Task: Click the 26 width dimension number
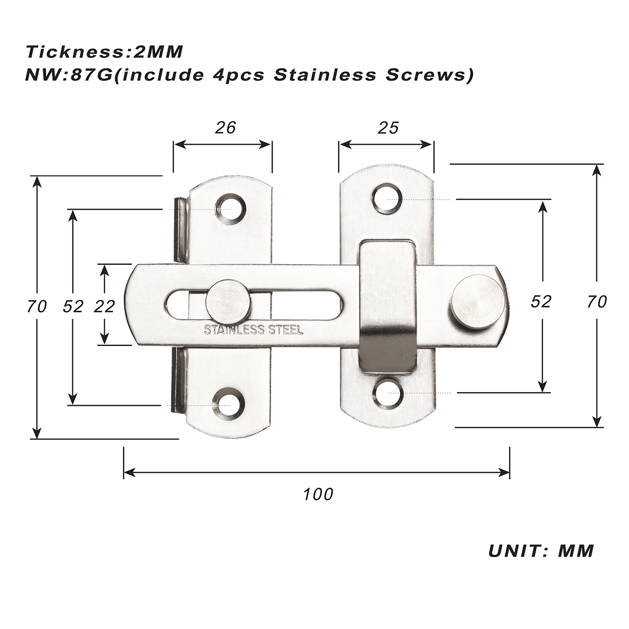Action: pyautogui.click(x=226, y=127)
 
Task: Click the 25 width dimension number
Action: pyautogui.click(x=388, y=127)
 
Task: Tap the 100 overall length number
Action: pyautogui.click(x=318, y=494)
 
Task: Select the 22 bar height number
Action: pyautogui.click(x=104, y=306)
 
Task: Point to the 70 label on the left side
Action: pyautogui.click(x=37, y=306)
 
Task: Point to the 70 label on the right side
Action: pyautogui.click(x=597, y=301)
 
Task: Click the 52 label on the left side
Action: pyautogui.click(x=73, y=306)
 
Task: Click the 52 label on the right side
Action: pyautogui.click(x=541, y=301)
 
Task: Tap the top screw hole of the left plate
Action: pyautogui.click(x=230, y=209)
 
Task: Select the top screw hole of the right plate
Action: pyautogui.click(x=388, y=198)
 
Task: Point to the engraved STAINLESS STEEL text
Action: pyautogui.click(x=253, y=330)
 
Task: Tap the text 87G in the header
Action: pyautogui.click(x=89, y=75)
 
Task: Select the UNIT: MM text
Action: pyautogui.click(x=541, y=551)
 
